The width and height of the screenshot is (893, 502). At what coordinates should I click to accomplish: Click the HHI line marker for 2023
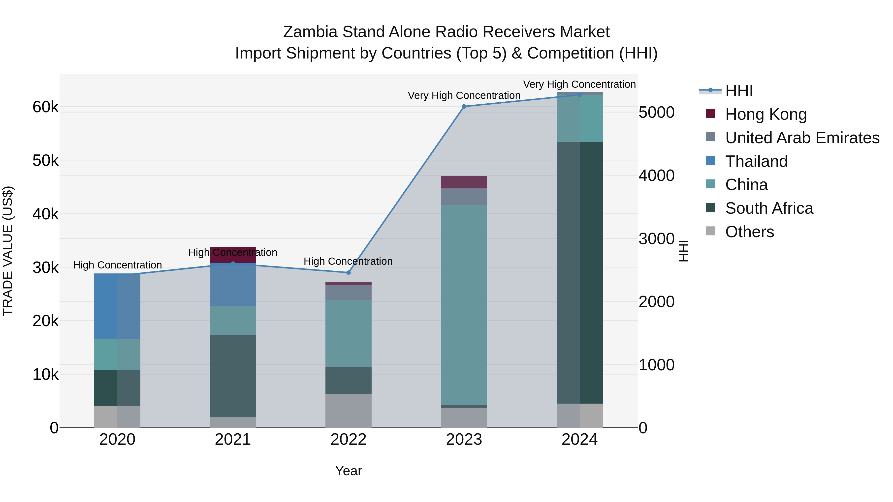click(464, 106)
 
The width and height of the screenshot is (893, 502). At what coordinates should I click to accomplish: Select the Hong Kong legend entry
click(766, 114)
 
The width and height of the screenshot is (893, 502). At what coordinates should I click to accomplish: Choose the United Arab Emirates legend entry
click(802, 138)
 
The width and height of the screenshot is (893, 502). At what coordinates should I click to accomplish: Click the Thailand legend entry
click(756, 161)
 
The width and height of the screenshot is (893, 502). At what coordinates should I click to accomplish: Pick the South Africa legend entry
click(769, 208)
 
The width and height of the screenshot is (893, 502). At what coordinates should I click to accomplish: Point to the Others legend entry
click(749, 232)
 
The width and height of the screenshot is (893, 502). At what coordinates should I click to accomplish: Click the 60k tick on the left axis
click(46, 107)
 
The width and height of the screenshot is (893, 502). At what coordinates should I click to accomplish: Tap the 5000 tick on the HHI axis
click(656, 113)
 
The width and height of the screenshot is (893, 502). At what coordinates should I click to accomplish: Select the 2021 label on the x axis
click(233, 440)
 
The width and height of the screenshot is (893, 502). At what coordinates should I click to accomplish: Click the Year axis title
click(349, 471)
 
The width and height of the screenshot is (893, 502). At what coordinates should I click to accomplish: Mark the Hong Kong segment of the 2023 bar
click(464, 182)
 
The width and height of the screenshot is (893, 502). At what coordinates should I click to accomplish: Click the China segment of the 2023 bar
click(464, 305)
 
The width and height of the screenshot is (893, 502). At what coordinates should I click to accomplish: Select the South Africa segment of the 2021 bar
click(233, 376)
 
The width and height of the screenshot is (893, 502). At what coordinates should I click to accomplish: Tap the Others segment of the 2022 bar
click(349, 411)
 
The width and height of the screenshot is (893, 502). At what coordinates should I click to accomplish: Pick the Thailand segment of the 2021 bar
click(233, 284)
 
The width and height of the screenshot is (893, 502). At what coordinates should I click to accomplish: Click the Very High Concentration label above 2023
click(464, 95)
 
